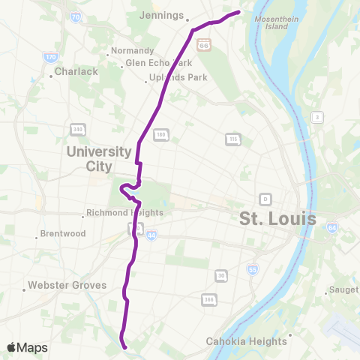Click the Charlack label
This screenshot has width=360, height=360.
(78, 72)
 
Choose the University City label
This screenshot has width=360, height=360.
(99, 158)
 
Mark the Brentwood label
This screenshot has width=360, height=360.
(62, 234)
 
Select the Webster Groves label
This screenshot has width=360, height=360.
(67, 286)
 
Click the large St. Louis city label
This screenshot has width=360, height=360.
(277, 219)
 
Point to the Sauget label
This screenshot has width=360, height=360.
(343, 292)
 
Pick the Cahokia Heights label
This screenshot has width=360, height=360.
(247, 341)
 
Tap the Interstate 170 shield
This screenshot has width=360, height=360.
(50, 56)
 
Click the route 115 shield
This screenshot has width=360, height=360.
(232, 139)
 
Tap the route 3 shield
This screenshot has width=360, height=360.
(317, 117)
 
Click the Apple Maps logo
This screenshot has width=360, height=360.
(27, 347)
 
